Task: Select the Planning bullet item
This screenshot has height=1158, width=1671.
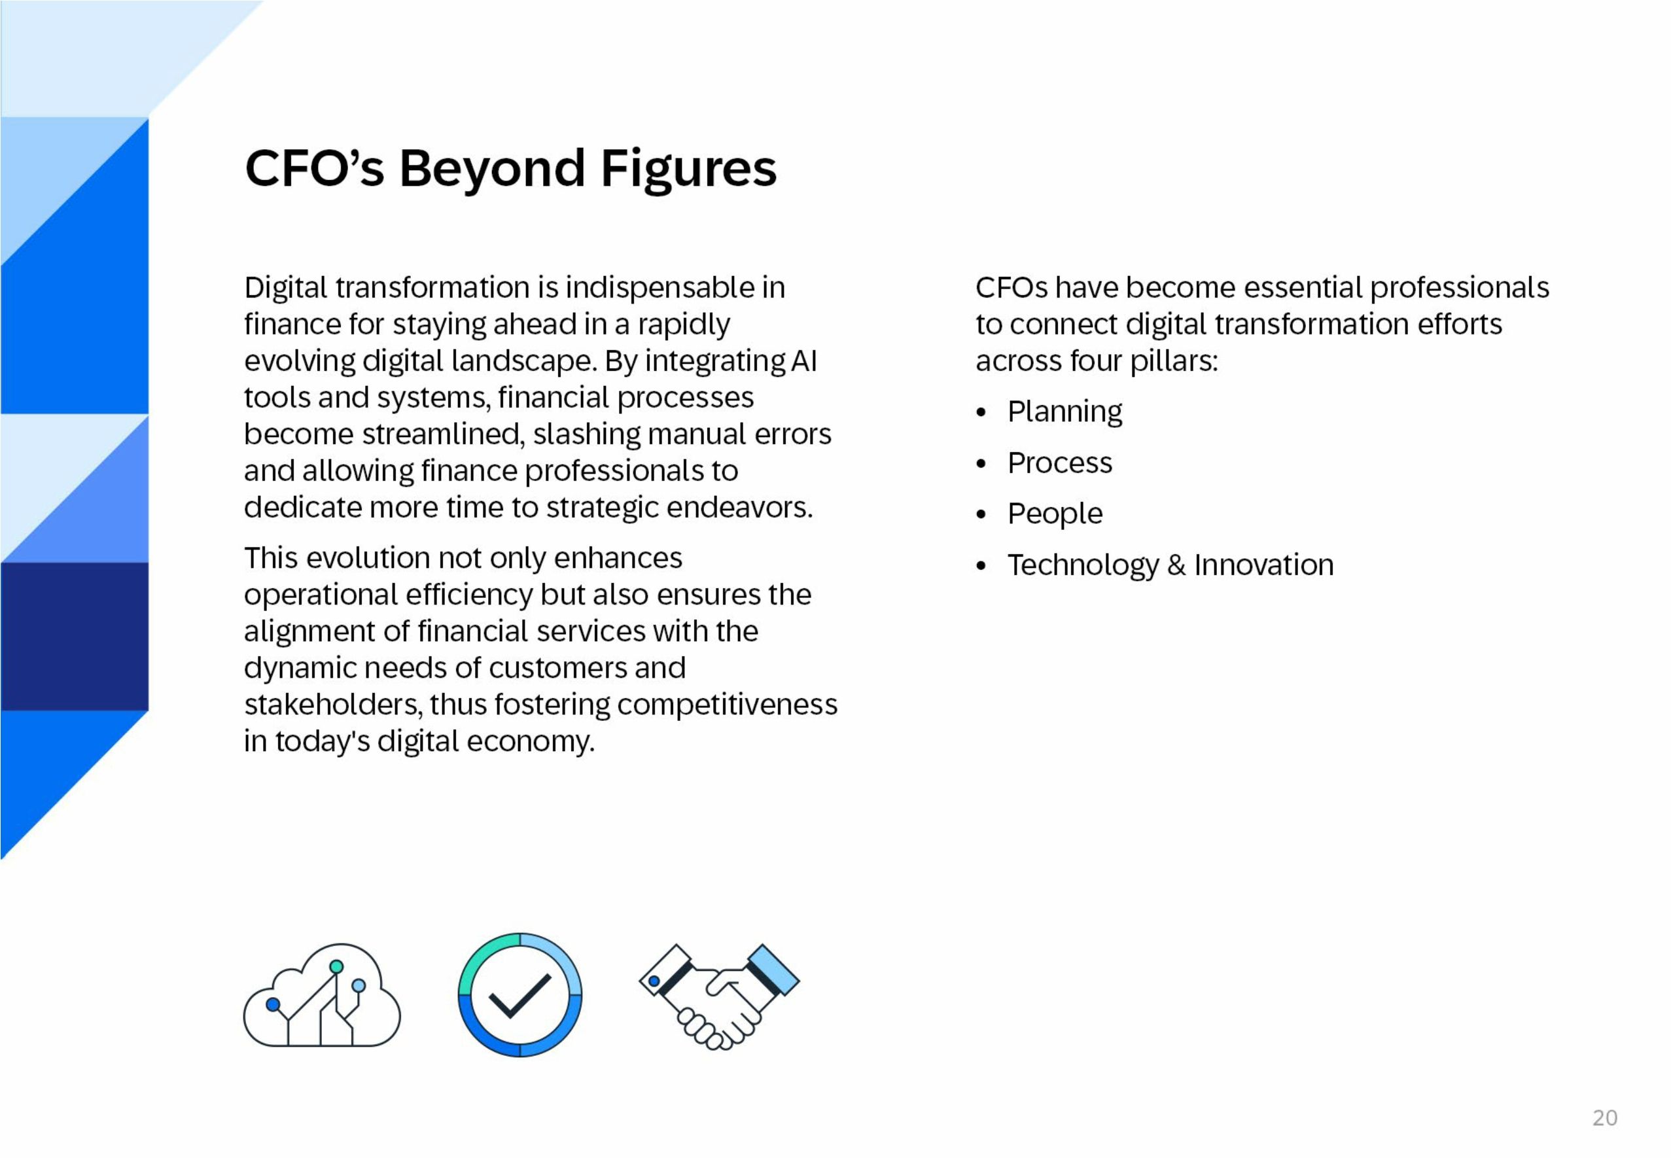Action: pos(1064,412)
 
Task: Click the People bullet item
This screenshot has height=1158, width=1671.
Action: pos(1054,514)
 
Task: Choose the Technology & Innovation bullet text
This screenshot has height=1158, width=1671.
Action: pos(1170,565)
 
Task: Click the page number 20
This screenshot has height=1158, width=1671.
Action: pos(1604,1117)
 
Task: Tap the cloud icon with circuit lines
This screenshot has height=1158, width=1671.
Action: pos(321,996)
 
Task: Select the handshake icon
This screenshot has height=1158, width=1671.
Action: pos(718,996)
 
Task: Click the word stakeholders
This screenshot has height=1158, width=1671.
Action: pos(332,705)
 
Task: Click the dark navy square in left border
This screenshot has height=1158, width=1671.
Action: pos(74,637)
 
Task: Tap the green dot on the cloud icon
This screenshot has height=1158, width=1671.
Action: pos(336,966)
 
